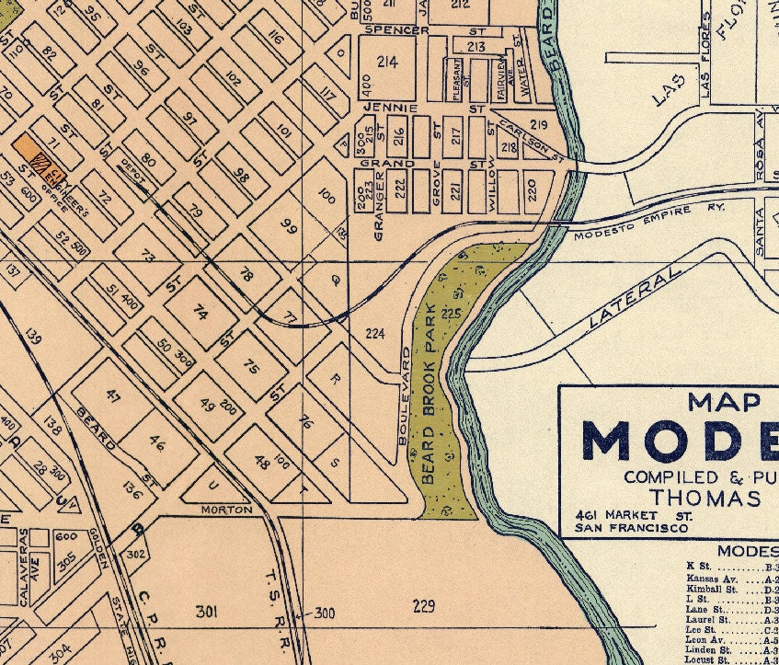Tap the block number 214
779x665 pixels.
(387, 62)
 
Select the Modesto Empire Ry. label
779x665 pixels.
(649, 222)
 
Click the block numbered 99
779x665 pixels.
(289, 226)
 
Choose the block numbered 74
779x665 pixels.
(200, 312)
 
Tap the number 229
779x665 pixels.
(423, 605)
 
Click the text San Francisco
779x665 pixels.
(631, 528)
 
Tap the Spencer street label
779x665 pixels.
(396, 29)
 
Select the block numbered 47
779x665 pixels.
(114, 397)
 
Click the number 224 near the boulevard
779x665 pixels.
(375, 333)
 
